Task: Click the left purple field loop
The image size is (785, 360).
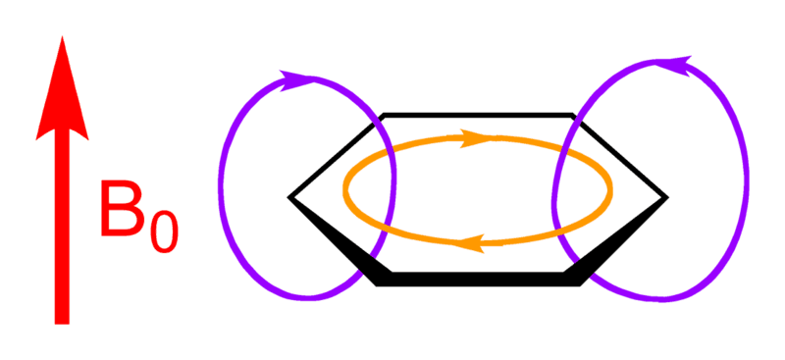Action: pyautogui.click(x=223, y=186)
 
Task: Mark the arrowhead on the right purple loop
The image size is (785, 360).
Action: pyautogui.click(x=675, y=65)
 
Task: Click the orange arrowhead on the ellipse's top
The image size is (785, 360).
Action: pyautogui.click(x=478, y=138)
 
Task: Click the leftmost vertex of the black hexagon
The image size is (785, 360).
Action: pyautogui.click(x=289, y=197)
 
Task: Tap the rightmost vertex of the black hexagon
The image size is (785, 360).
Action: pyautogui.click(x=668, y=197)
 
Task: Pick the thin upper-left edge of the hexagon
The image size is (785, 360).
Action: pyautogui.click(x=334, y=157)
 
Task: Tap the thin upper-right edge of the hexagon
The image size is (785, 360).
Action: pyautogui.click(x=623, y=157)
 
